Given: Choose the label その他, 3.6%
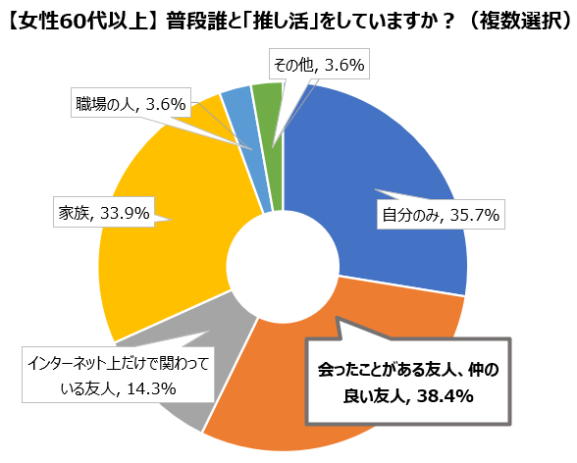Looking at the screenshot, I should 319,66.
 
